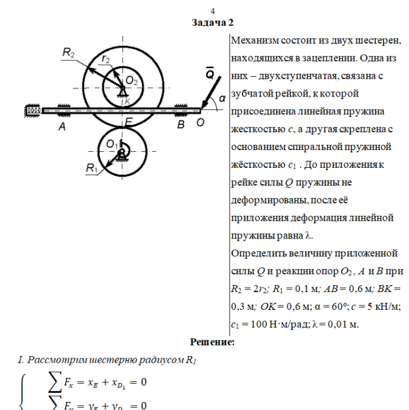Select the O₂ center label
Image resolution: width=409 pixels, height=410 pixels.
tap(131, 80)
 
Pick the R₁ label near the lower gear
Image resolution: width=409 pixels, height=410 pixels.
tap(93, 168)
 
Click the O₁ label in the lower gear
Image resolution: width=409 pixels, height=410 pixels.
tap(111, 143)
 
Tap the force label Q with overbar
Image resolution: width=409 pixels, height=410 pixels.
tap(209, 74)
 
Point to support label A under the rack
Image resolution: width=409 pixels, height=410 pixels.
tap(61, 127)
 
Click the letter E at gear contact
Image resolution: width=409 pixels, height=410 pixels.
tap(128, 122)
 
